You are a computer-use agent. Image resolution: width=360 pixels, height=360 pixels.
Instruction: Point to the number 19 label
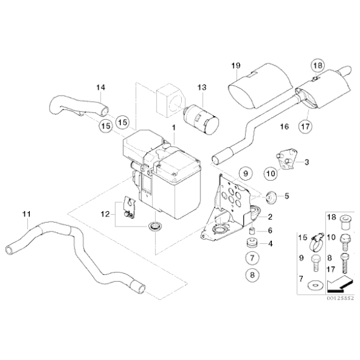(x=236, y=65)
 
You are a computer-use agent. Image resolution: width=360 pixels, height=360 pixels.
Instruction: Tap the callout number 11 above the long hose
(x=25, y=215)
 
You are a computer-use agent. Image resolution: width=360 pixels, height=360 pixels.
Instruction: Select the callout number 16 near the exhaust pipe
(x=284, y=126)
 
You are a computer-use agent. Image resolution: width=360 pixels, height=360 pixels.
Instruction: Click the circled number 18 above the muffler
(x=317, y=65)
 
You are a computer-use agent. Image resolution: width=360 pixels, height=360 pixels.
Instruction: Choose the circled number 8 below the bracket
(x=253, y=273)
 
